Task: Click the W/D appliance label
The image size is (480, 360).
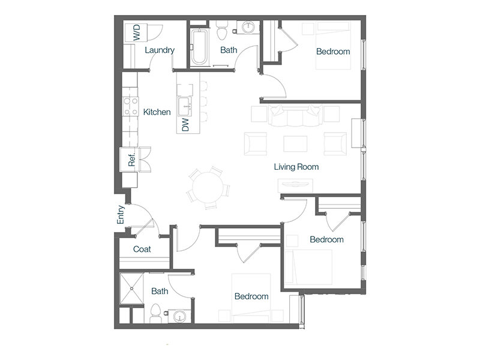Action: pyautogui.click(x=137, y=33)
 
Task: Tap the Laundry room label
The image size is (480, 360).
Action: pyautogui.click(x=160, y=50)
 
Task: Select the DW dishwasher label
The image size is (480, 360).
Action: pyautogui.click(x=185, y=125)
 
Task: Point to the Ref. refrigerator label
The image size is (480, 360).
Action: pyautogui.click(x=131, y=160)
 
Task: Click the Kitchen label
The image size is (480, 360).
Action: pyautogui.click(x=157, y=112)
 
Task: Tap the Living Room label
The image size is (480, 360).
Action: pyautogui.click(x=296, y=167)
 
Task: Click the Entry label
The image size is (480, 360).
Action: pyautogui.click(x=121, y=214)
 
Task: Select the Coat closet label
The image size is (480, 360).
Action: pyautogui.click(x=142, y=249)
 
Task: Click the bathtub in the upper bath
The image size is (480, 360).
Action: pyautogui.click(x=200, y=47)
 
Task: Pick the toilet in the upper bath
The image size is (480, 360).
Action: pyautogui.click(x=221, y=31)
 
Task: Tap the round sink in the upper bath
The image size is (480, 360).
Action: pyautogui.click(x=248, y=28)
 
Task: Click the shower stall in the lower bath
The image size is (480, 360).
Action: pyautogui.click(x=131, y=289)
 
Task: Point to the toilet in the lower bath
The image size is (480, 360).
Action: pyautogui.click(x=155, y=313)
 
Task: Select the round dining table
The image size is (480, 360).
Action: pyautogui.click(x=208, y=187)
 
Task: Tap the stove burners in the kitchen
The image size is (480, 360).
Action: pyautogui.click(x=131, y=106)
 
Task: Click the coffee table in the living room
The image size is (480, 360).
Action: pyautogui.click(x=295, y=144)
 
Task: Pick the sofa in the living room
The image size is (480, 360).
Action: pyautogui.click(x=295, y=115)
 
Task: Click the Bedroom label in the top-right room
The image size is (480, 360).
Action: pyautogui.click(x=333, y=52)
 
